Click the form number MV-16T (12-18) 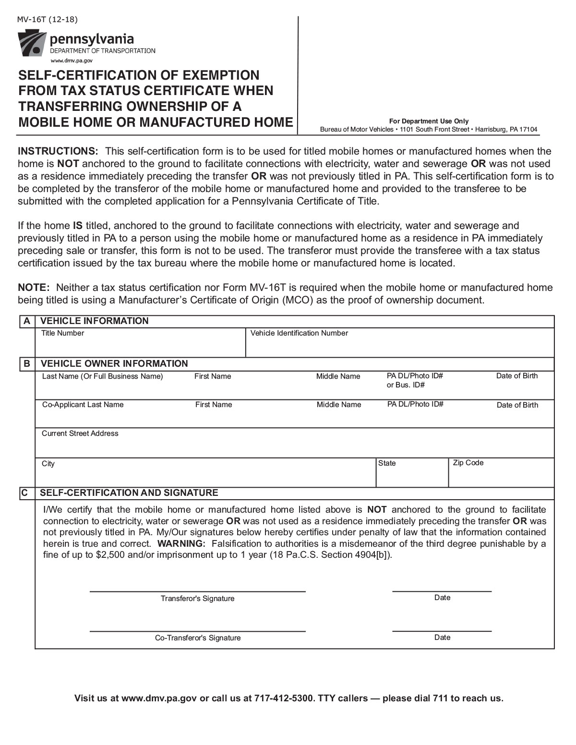pos(47,20)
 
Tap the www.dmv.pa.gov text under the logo pos(71,61)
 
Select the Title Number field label pos(62,333)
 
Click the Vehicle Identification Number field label pos(299,333)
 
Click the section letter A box pos(27,321)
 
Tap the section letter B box pos(27,364)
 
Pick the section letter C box pos(25,493)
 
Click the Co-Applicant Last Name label pos(83,405)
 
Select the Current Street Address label pos(80,433)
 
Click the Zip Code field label pos(468,463)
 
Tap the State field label pos(387,463)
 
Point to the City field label pos(48,464)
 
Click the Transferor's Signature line pos(197,590)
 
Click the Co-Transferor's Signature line pos(197,630)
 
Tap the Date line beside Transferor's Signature pos(442,590)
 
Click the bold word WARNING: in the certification pos(181,544)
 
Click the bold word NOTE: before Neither pos(34,288)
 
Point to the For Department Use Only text pos(429,121)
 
